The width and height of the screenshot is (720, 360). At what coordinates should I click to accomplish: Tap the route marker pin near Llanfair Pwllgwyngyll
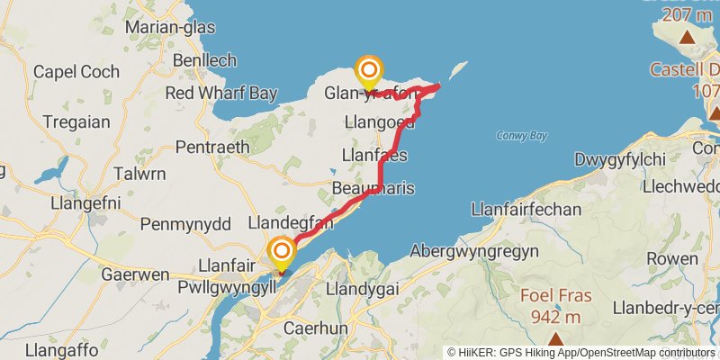[x=282, y=252]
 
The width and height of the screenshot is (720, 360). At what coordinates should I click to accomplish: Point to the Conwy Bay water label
[x=521, y=136]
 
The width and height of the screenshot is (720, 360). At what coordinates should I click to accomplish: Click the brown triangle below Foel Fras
[x=555, y=339]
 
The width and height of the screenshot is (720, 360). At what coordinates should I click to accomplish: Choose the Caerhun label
[x=315, y=328]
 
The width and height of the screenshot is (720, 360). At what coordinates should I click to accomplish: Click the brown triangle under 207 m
[x=688, y=37]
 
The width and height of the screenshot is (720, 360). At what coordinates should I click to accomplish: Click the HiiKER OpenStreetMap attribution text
[x=581, y=352]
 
